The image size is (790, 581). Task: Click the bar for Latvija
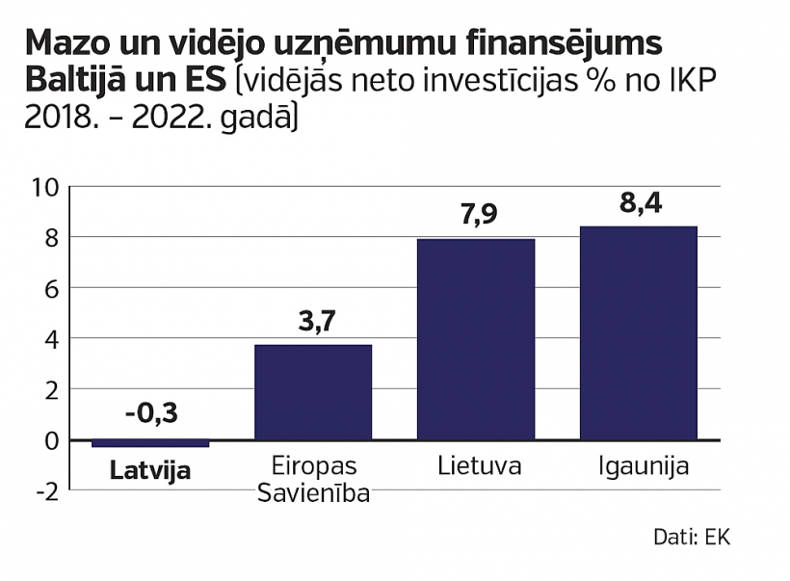149,443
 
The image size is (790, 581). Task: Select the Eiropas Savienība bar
313,392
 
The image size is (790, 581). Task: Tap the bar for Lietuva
476,339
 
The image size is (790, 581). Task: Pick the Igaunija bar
638,332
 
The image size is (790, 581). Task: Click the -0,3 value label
151,413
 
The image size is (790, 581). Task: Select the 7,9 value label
476,214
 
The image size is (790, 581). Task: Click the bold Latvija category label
149,471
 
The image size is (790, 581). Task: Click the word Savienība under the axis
313,493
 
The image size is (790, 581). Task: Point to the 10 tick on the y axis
47,187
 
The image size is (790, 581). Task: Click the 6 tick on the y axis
52,288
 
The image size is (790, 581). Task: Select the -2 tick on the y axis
47,491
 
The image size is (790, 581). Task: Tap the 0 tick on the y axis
52,440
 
